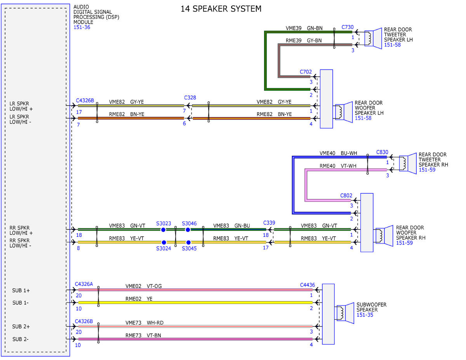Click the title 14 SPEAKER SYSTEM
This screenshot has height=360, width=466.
point(221,9)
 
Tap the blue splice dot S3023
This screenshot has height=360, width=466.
point(163,230)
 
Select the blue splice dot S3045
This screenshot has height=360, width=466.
point(188,242)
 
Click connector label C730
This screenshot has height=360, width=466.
point(347,27)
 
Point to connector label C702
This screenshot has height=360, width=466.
point(306,72)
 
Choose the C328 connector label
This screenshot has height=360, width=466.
point(190,98)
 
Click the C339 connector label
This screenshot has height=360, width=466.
point(269,223)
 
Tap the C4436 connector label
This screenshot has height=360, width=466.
point(307,285)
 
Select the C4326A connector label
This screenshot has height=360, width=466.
point(84,284)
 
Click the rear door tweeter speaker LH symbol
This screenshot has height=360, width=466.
point(373,38)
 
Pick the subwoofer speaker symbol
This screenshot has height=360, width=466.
point(345,313)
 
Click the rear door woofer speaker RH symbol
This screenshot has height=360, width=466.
point(384,236)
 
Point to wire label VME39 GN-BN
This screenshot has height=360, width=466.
point(304,28)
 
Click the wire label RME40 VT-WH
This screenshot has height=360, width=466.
point(338,166)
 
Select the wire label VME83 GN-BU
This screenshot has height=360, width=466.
point(231,226)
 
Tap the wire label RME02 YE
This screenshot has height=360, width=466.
point(139,299)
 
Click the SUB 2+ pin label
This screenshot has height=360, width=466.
point(21,327)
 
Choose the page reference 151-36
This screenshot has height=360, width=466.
point(82,28)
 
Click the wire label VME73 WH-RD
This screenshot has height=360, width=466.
point(144,323)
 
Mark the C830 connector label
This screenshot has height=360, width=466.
point(382,152)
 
